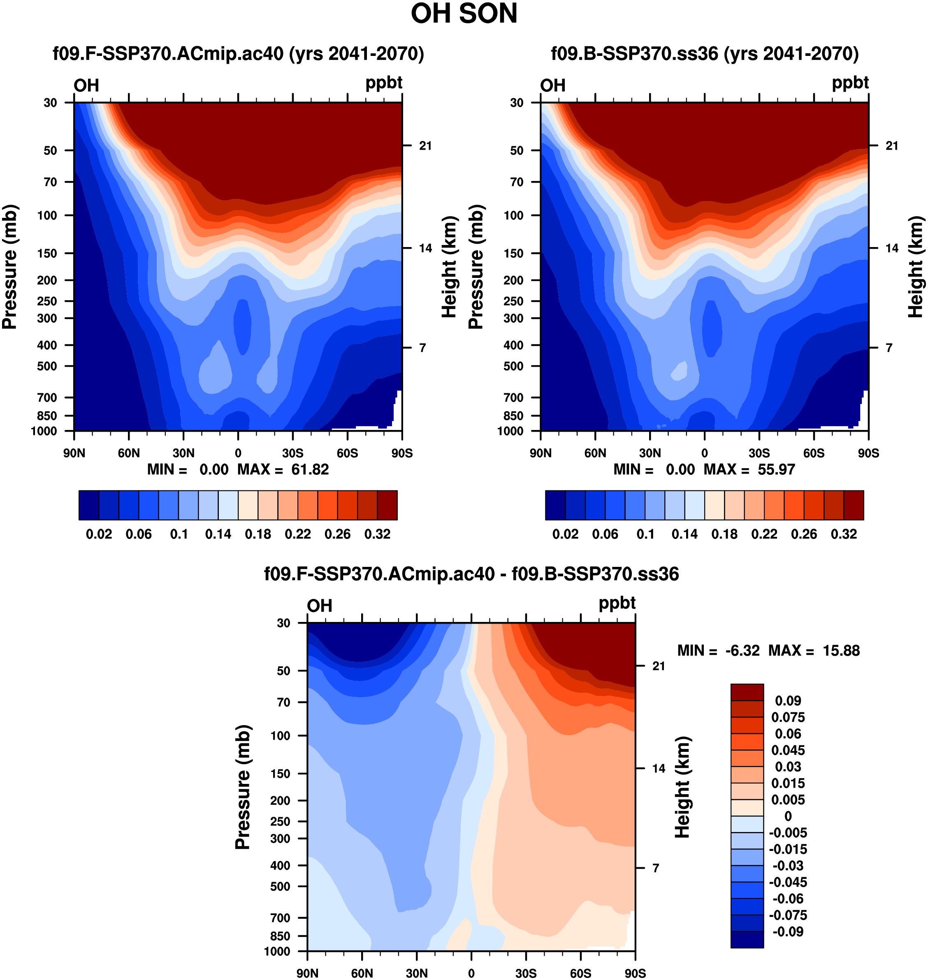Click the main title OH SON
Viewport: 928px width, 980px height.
click(464, 14)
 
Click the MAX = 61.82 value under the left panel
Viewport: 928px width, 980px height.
click(283, 469)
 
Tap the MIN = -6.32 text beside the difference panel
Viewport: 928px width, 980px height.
click(718, 650)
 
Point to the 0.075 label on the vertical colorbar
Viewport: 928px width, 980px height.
click(788, 717)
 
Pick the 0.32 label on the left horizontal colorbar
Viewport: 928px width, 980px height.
click(378, 534)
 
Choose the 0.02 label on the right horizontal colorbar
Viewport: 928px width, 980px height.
click(566, 534)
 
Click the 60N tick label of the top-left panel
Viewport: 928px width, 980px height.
click(129, 453)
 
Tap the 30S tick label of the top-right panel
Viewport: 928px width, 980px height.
click(759, 453)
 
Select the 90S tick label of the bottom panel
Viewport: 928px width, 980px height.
click(635, 973)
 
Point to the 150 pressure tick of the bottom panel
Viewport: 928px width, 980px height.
click(281, 773)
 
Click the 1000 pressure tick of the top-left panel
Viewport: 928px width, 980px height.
click(44, 431)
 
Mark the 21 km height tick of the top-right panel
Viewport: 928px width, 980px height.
click(891, 146)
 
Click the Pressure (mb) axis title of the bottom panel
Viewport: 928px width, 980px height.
click(243, 787)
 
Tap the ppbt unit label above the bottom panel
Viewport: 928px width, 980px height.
click(617, 603)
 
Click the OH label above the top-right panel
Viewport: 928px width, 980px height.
click(552, 86)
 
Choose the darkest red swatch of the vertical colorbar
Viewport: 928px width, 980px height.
click(747, 692)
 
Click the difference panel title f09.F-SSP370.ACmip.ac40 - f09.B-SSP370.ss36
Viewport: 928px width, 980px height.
click(471, 574)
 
